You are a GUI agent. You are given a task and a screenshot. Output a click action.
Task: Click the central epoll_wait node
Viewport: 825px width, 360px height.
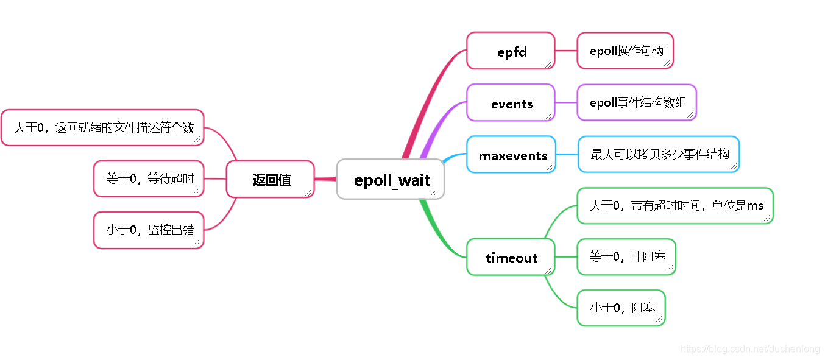(391, 179)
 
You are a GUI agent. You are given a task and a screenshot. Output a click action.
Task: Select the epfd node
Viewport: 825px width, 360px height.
(511, 51)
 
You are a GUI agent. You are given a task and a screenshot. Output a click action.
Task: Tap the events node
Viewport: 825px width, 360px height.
(511, 103)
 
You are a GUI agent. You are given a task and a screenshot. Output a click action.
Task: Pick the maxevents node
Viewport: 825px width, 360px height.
(512, 155)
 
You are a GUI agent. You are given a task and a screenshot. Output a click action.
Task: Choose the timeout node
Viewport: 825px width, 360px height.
(511, 257)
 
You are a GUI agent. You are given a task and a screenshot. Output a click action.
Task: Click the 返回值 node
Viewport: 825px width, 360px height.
(271, 179)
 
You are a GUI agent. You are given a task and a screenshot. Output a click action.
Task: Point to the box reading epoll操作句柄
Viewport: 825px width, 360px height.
(625, 51)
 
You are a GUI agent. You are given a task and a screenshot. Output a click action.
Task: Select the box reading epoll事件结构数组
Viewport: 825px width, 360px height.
(636, 102)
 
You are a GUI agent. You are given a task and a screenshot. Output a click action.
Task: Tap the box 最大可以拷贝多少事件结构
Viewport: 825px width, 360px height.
(659, 154)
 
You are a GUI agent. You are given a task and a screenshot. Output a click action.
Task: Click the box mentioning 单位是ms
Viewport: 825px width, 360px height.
(675, 205)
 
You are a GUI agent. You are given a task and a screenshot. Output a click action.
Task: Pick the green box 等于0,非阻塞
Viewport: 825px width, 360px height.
(626, 256)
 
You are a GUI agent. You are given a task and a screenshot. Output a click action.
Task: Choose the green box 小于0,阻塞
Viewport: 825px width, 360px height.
(621, 308)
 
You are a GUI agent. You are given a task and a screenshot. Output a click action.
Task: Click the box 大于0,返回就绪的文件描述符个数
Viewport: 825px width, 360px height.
(102, 127)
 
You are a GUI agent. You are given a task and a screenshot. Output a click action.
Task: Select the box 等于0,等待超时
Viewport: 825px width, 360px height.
(149, 178)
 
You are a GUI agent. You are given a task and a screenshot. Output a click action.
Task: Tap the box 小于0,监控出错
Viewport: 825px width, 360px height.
(149, 230)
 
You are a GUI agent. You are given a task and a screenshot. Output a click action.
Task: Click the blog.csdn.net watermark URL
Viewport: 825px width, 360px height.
(749, 349)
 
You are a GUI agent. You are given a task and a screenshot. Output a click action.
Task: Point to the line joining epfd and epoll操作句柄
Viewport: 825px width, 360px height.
(566, 51)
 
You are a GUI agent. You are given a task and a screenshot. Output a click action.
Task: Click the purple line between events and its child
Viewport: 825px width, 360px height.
(566, 102)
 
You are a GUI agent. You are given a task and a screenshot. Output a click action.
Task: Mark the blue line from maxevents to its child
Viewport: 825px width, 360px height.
(567, 154)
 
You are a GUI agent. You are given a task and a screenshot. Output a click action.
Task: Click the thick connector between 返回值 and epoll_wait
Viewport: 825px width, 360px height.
(325, 179)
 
